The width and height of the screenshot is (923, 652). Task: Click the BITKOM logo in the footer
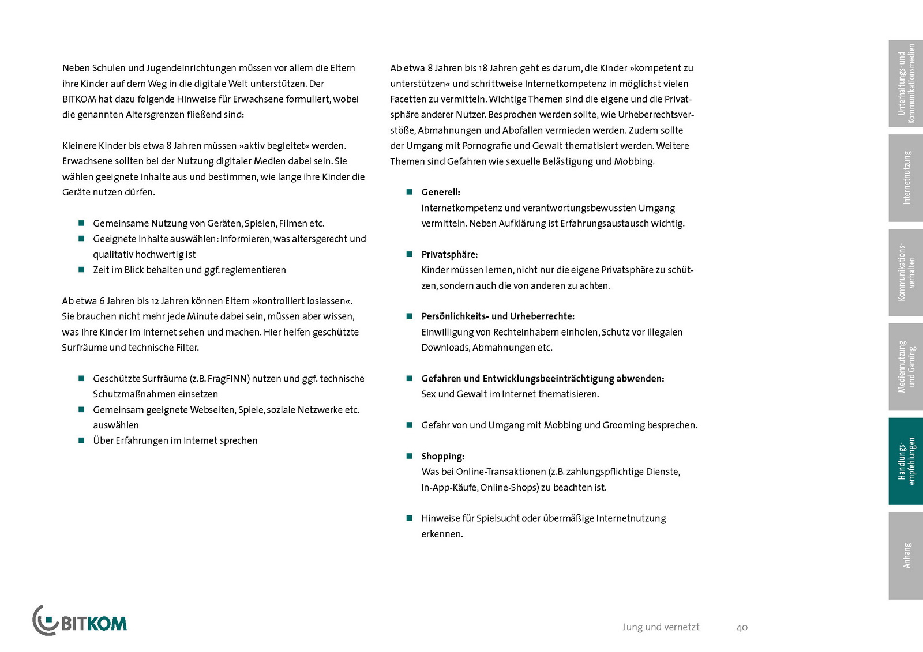point(80,621)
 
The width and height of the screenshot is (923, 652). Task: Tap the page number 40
point(742,627)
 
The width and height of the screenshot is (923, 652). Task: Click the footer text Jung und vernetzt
point(661,627)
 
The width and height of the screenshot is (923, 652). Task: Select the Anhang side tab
point(906,555)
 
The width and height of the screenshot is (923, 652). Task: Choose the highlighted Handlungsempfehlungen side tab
point(906,461)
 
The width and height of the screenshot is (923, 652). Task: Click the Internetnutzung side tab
point(906,178)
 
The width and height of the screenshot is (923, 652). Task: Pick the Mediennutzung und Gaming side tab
point(906,367)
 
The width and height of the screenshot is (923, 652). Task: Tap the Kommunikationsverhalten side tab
point(906,272)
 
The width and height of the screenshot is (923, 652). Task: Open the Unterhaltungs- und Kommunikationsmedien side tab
point(906,84)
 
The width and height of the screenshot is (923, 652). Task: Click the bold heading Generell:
point(441,193)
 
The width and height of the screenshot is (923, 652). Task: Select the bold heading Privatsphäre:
point(449,255)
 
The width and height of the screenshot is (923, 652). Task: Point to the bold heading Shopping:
point(442,457)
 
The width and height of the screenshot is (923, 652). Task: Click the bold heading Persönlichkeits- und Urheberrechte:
point(498,316)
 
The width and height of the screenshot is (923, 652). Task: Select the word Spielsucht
point(498,518)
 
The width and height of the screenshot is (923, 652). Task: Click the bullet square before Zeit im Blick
point(81,270)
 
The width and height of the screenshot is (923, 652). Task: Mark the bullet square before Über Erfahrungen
point(81,440)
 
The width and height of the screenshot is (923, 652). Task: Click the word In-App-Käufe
point(449,488)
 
